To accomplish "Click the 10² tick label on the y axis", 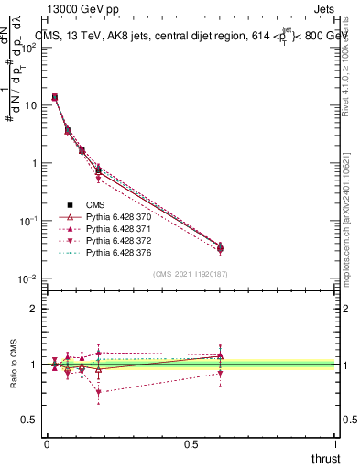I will [28, 48].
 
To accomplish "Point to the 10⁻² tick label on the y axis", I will [27, 278].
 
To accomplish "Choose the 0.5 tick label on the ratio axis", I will [30, 420].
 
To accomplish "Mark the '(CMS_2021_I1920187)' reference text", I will [190, 274].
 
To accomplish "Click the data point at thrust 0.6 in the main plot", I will [220, 248].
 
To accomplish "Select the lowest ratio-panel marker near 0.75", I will [98, 392].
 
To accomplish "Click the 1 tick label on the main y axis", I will [35, 163].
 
